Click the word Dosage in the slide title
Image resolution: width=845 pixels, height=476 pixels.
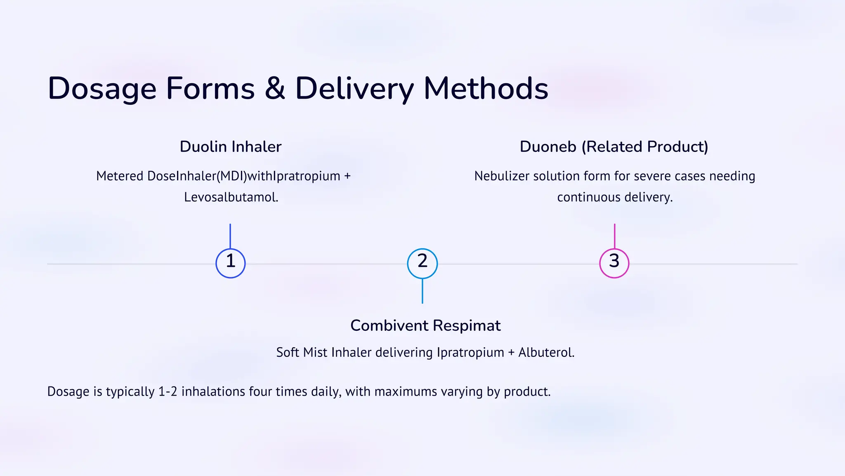(102, 89)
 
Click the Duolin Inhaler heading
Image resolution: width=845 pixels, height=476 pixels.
(230, 147)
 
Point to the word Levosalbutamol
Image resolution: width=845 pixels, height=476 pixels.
(231, 197)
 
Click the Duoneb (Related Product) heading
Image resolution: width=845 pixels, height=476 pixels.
(614, 147)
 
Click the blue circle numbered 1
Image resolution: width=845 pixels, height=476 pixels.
(231, 263)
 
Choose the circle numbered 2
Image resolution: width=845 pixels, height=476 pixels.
(422, 263)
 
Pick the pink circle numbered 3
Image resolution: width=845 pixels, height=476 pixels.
(614, 263)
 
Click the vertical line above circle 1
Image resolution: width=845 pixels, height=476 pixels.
(230, 236)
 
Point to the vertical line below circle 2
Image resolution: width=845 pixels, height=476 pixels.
(422, 291)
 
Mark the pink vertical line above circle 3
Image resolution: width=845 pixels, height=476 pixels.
(614, 236)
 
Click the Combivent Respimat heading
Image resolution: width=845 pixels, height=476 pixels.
(425, 326)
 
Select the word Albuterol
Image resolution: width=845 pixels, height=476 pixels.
(546, 353)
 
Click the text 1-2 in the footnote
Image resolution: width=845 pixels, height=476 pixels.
(168, 391)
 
